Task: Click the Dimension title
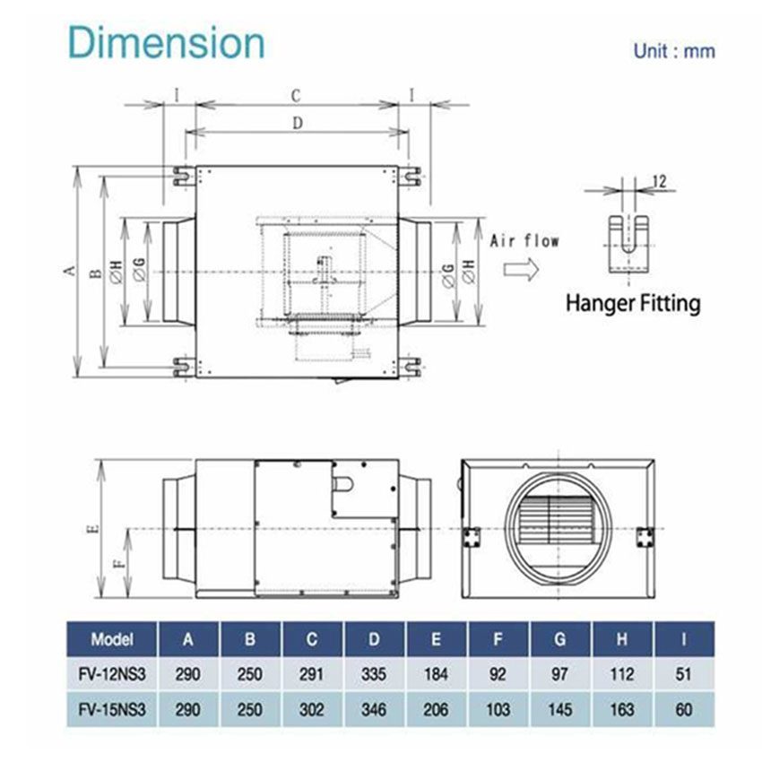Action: pos(168,43)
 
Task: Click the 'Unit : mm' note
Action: pos(674,51)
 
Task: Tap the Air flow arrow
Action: pos(521,269)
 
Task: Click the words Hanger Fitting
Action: pos(632,303)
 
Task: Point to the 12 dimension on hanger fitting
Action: pos(659,182)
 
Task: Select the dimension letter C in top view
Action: pos(294,93)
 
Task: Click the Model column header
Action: pos(112,640)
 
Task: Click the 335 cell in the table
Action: pos(375,674)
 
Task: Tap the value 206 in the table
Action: pos(437,710)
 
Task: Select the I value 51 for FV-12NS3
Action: pos(686,674)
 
